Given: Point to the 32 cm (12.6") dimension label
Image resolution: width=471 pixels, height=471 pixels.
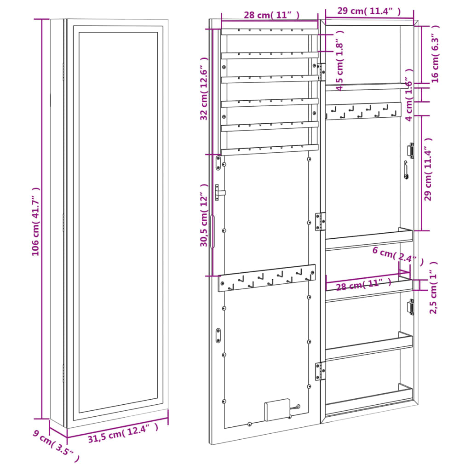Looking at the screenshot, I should coord(205,89).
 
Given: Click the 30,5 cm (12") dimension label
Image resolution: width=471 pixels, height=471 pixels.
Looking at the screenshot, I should coord(205,215).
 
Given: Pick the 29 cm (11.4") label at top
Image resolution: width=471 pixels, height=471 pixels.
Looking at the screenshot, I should coord(368,11).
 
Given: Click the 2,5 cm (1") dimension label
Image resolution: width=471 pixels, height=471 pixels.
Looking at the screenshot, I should coord(434,287).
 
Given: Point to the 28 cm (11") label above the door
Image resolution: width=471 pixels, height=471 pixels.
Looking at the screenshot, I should coord(271,15).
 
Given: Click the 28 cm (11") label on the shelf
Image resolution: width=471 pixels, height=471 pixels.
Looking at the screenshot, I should coord(360,286).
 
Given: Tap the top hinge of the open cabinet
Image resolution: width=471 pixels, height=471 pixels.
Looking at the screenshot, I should coord(322,72).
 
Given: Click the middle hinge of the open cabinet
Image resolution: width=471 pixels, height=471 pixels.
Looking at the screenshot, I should coord(320,221).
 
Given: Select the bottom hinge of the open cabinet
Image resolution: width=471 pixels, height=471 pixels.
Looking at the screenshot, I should coord(320,371).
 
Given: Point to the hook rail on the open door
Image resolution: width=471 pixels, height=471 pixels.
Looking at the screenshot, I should coord(267,278).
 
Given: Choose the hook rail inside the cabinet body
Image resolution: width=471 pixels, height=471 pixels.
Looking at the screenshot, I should coord(362,111).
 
